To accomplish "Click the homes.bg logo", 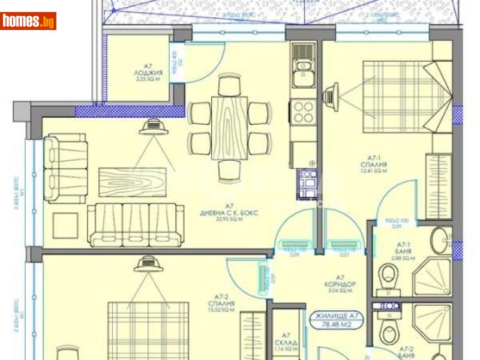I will click(x=29, y=21).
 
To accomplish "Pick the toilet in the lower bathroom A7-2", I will click(x=387, y=329).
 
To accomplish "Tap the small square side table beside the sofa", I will click(x=64, y=226).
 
